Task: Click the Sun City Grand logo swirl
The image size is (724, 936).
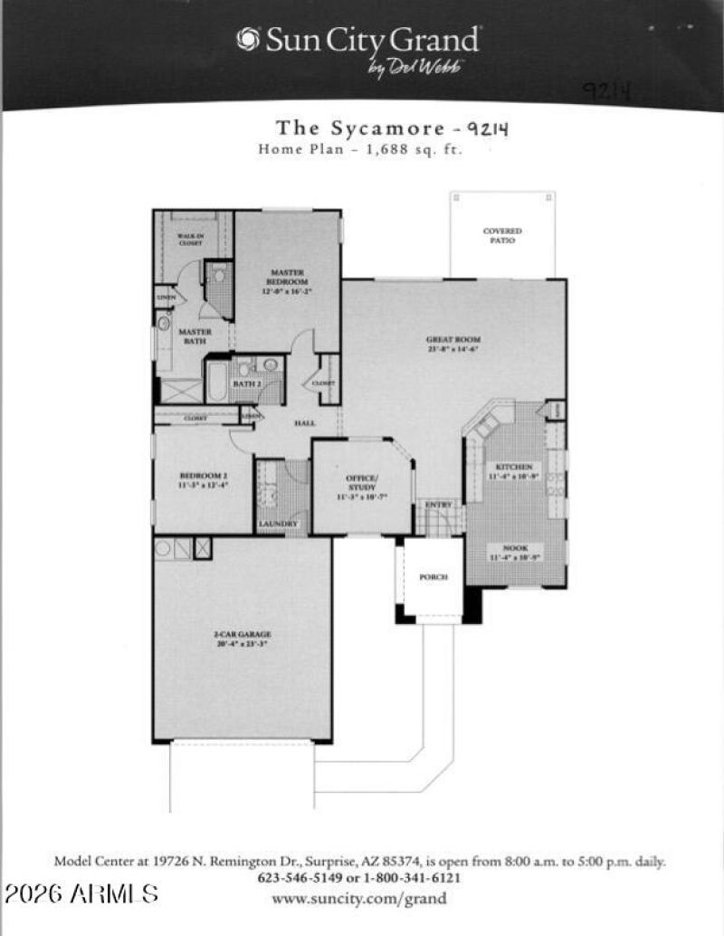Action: tap(248, 39)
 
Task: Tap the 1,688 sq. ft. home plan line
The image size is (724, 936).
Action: tap(360, 150)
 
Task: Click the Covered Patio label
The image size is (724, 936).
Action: tap(502, 236)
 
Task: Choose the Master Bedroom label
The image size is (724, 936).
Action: tap(288, 277)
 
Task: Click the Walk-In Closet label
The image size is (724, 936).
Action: tap(189, 239)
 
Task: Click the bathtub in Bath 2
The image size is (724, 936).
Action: tap(218, 380)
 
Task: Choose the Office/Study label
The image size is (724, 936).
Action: tap(362, 483)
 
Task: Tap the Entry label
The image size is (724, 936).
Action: tap(439, 504)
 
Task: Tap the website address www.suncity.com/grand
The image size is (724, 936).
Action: tap(359, 898)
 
